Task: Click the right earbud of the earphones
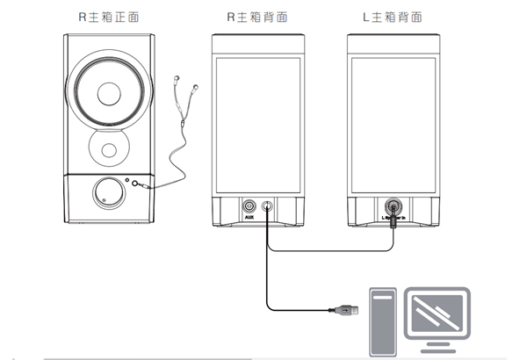194,89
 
